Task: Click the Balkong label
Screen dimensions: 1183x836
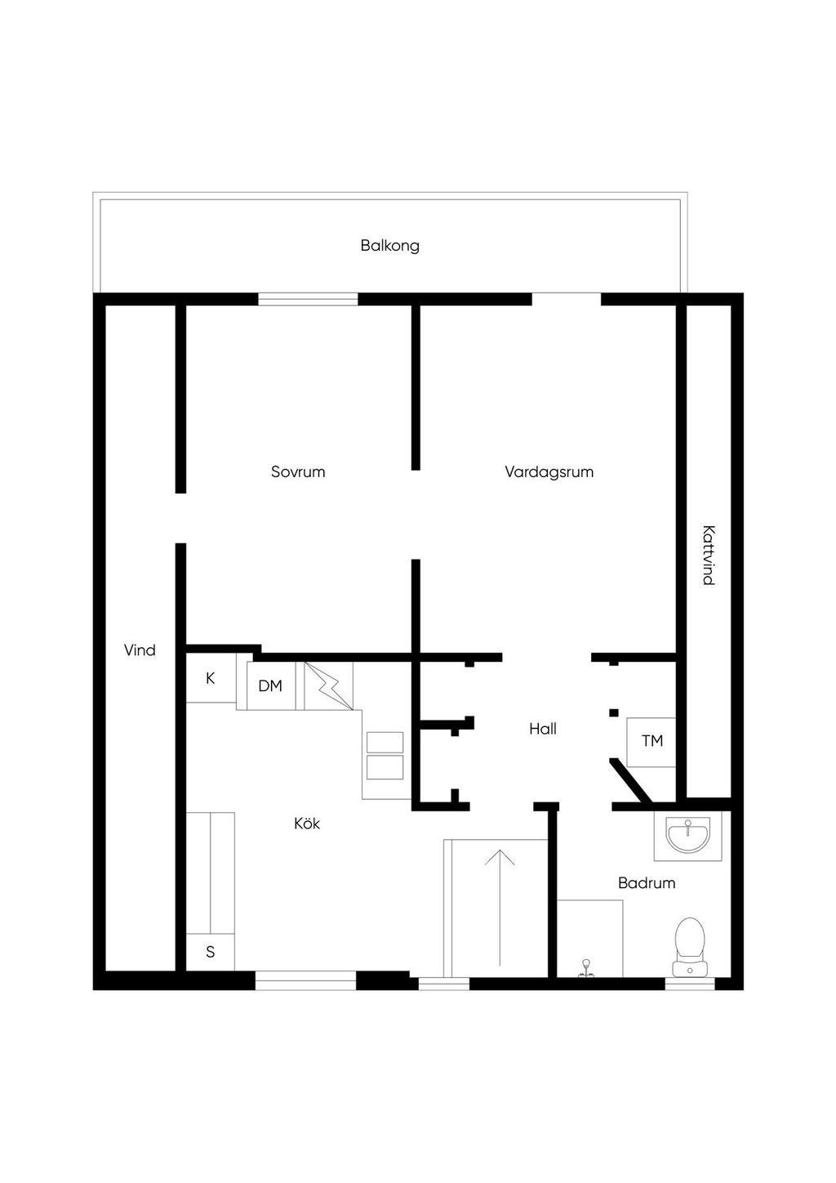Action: (389, 245)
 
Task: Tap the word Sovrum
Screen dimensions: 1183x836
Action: (298, 471)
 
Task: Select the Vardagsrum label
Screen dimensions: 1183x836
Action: (549, 471)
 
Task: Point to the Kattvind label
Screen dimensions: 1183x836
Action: (708, 555)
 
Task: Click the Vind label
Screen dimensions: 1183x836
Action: (140, 650)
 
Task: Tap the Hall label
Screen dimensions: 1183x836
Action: (543, 729)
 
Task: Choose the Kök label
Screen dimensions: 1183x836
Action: (307, 824)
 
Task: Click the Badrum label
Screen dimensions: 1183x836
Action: (647, 883)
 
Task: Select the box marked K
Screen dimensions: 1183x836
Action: (211, 678)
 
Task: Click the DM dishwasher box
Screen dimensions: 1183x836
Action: (270, 686)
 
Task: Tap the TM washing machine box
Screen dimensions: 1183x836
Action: (651, 742)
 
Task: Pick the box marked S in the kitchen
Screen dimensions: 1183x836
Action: (211, 952)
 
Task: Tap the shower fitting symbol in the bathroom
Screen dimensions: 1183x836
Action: (585, 969)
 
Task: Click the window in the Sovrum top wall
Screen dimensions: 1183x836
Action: (308, 299)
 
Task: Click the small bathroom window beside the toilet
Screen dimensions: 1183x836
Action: (690, 983)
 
